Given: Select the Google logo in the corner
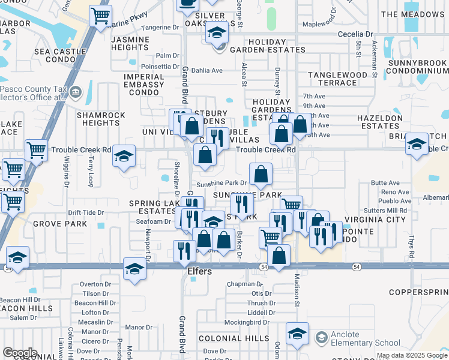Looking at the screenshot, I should (20, 353).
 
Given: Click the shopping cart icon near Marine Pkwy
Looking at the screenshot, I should (100, 15).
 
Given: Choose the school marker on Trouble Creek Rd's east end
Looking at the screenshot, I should (417, 145).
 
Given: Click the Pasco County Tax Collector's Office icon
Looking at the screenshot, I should (76, 92).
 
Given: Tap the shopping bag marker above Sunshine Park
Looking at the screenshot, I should (261, 175).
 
